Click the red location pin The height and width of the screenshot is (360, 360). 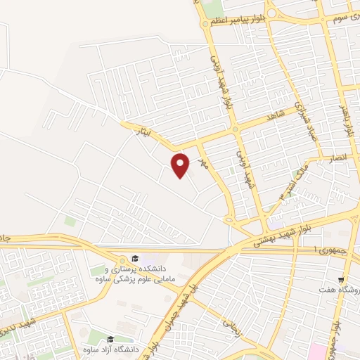tap(181, 164)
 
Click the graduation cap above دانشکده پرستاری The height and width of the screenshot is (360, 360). tap(135, 259)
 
